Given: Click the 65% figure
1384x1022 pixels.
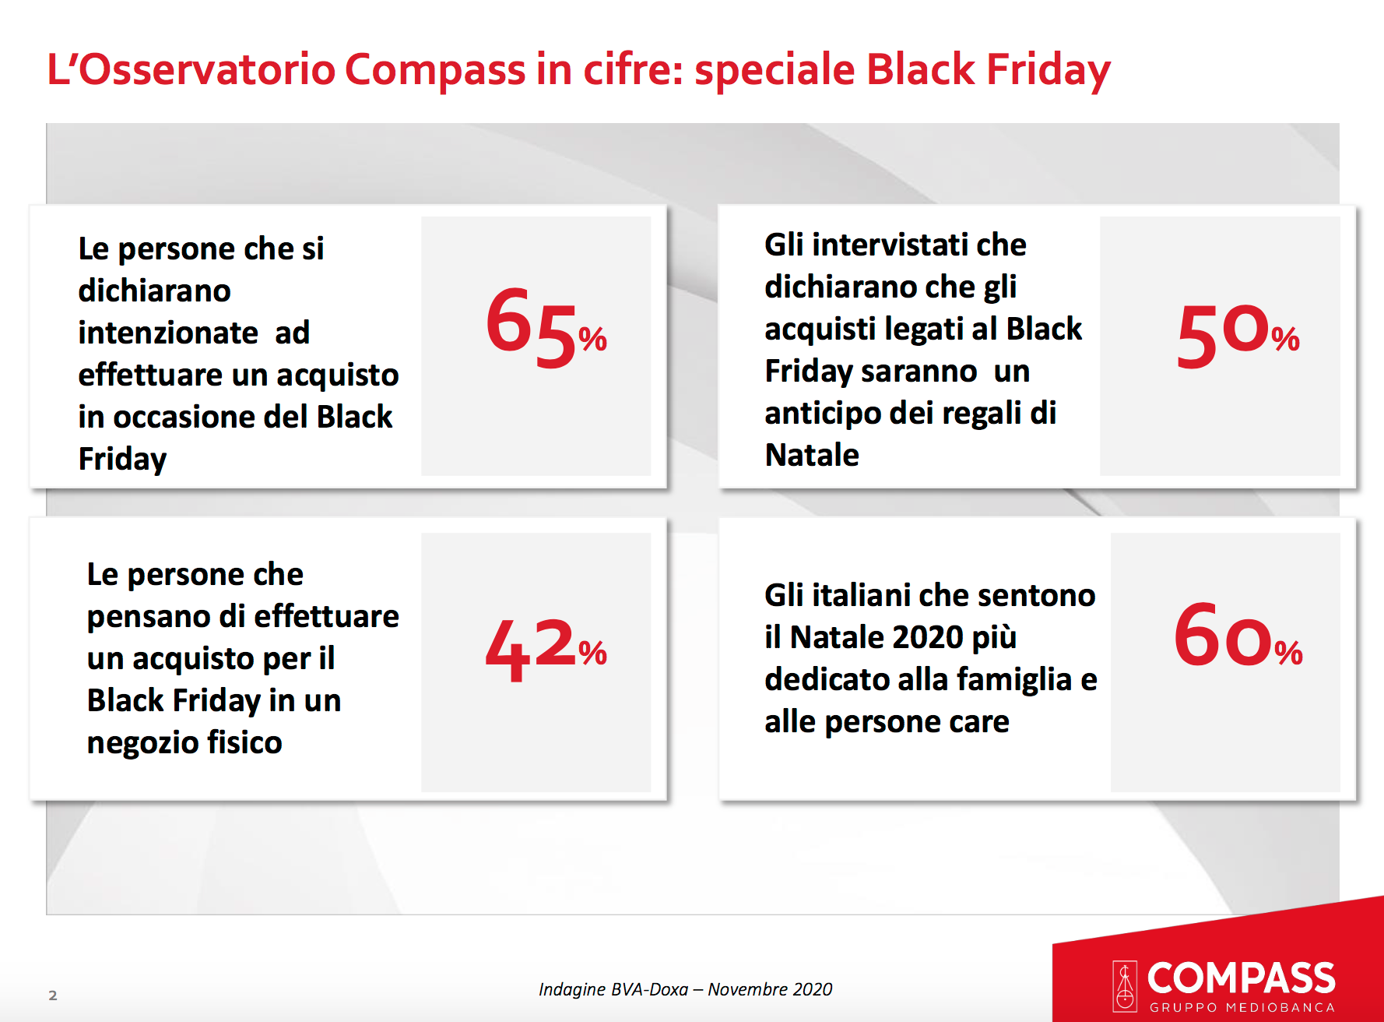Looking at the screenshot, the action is click(x=546, y=328).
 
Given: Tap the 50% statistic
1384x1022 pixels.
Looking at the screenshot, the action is click(x=1238, y=335).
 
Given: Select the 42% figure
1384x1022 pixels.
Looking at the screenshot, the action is click(x=546, y=650).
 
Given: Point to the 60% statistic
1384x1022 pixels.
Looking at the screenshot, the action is click(x=1238, y=635).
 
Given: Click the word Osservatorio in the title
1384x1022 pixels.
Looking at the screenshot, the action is click(x=207, y=69).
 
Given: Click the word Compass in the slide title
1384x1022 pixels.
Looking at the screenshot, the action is click(x=435, y=71).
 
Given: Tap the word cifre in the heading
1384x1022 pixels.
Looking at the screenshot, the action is click(x=633, y=69).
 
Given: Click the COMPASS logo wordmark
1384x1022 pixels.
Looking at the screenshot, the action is click(x=1241, y=978).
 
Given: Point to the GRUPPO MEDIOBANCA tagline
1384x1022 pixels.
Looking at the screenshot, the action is click(x=1242, y=1007).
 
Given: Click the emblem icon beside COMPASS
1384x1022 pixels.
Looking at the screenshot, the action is click(x=1125, y=986).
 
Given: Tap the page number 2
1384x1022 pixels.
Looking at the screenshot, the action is click(x=53, y=995).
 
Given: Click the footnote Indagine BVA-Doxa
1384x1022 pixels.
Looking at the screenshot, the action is click(x=613, y=989).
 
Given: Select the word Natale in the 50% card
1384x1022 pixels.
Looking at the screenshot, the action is click(x=812, y=455).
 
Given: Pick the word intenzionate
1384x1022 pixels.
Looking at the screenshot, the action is click(x=168, y=333).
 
